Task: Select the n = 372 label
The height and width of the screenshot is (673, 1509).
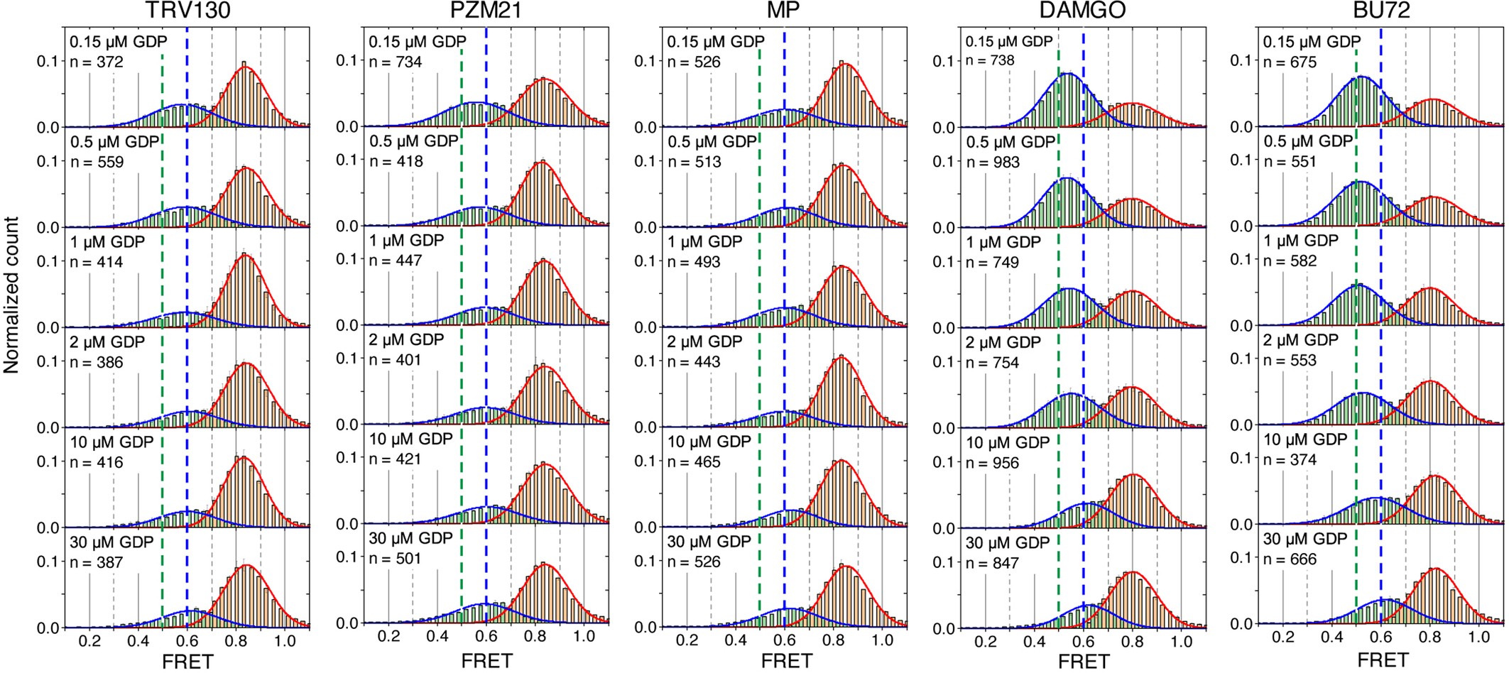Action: point(97,62)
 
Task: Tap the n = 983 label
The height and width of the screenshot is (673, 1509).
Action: point(993,163)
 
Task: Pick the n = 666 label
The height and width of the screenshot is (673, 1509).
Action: point(1290,559)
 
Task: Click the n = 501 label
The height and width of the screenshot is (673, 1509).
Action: point(395,559)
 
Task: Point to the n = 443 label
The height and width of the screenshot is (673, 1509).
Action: point(694,362)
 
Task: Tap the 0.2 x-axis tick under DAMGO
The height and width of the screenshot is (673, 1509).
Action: point(986,642)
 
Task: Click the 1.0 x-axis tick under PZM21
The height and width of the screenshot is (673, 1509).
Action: point(584,637)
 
